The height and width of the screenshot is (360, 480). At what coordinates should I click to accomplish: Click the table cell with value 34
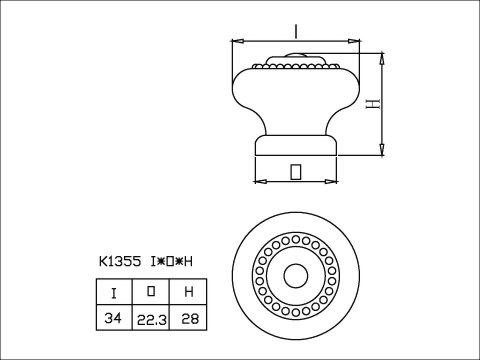114,318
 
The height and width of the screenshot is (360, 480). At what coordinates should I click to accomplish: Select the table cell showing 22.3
151,318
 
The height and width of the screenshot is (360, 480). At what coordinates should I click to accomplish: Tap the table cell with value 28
188,318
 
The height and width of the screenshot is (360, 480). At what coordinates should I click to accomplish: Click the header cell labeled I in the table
114,293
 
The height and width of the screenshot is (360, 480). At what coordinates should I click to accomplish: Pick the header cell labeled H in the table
188,293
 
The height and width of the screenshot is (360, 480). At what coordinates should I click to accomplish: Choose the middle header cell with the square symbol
151,293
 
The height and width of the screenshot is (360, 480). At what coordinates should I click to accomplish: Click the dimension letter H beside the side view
371,103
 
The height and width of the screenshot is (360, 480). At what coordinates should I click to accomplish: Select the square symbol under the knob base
295,171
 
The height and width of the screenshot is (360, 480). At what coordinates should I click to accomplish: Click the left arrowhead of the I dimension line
236,41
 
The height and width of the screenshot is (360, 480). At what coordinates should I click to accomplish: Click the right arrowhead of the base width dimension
333,182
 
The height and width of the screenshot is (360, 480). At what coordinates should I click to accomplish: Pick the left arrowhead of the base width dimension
258,182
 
